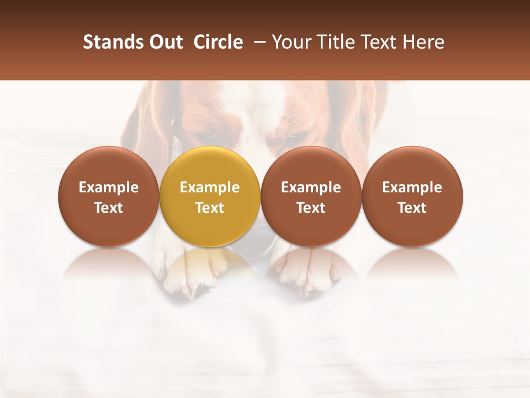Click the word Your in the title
coord(290,42)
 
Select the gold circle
coord(210,166)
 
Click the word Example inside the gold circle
coord(210,187)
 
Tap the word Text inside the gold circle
coord(210,208)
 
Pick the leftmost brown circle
coord(108,166)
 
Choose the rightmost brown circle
coord(412,166)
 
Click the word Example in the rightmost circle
coord(412,187)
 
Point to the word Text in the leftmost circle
coord(108,208)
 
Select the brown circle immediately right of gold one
coord(311,166)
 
